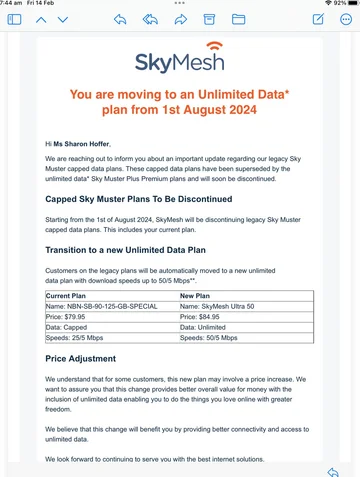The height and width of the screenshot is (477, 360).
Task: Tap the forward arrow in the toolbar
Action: pos(181,19)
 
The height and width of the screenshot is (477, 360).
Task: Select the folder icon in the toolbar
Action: pos(239,19)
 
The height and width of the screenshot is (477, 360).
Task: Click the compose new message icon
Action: pos(318,19)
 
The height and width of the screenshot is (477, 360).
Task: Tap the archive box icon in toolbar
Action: pos(210,19)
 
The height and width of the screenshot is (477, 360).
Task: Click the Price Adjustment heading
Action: pos(89,329)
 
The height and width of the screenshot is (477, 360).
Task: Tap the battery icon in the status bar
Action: pos(343,4)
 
